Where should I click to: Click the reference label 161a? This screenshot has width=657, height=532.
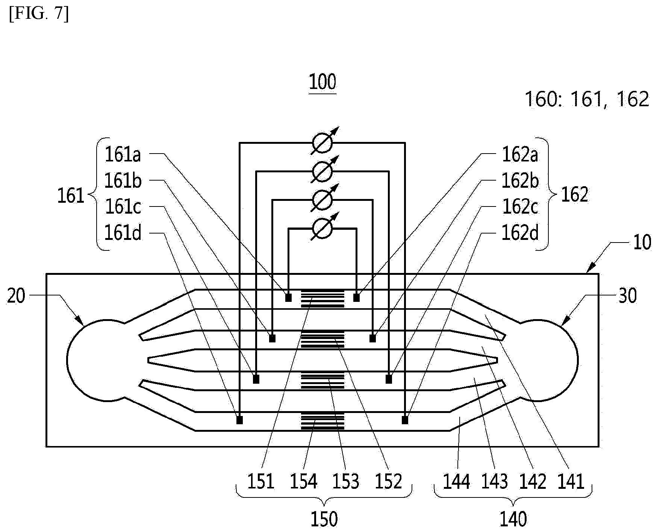[x=123, y=154]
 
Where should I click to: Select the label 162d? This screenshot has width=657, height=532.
[x=520, y=233]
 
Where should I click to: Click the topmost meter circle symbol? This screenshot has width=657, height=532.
[x=322, y=143]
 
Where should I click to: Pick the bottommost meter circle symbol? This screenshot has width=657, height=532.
[x=322, y=228]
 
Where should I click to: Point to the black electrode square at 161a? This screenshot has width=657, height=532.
[x=288, y=298]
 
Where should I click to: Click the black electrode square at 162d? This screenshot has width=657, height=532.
[x=405, y=420]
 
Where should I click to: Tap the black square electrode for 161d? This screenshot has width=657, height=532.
[x=239, y=420]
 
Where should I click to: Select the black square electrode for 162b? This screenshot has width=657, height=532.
[x=372, y=339]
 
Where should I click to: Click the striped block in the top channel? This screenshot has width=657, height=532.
[x=322, y=298]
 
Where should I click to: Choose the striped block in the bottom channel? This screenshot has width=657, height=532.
[x=322, y=421]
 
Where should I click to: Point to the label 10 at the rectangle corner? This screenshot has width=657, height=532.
[x=642, y=243]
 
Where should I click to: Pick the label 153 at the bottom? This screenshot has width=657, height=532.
[x=346, y=481]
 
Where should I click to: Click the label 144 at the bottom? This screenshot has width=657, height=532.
[x=456, y=481]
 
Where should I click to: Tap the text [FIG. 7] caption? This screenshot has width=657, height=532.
[x=39, y=15]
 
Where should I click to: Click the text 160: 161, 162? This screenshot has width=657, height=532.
[x=586, y=99]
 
